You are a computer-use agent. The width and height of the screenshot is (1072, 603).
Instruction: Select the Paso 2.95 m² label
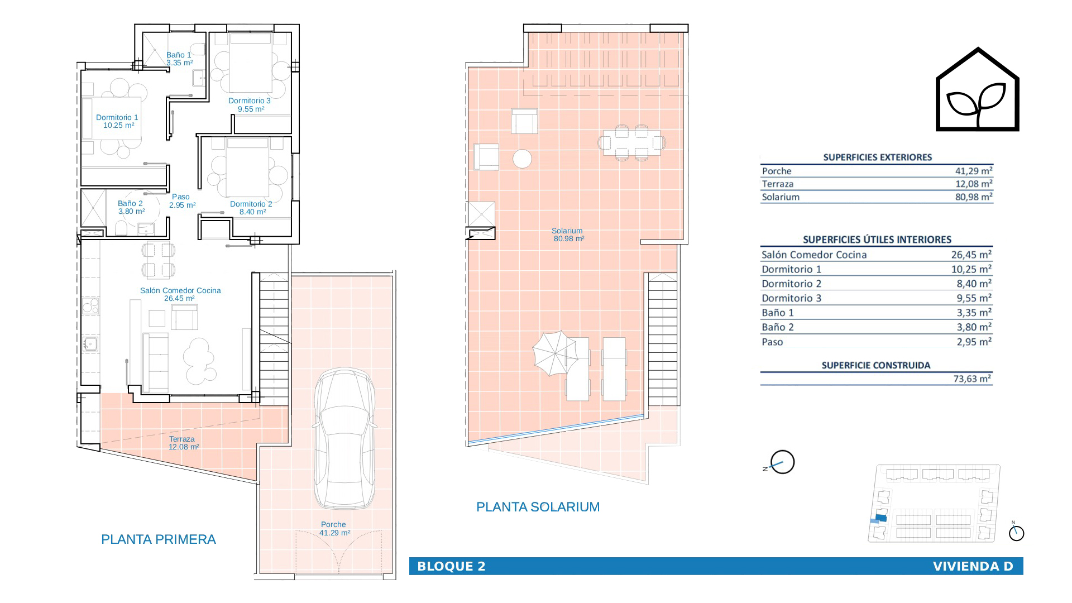click(182, 201)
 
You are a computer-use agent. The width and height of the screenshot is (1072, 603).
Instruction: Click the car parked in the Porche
click(344, 438)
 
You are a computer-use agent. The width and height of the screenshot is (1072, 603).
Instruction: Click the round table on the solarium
click(523, 159)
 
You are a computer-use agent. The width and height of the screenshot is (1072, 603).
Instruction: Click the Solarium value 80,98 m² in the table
click(974, 197)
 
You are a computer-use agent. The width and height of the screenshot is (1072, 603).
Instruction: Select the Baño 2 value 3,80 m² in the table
click(974, 327)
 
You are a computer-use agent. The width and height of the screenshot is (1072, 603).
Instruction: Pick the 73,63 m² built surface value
click(972, 379)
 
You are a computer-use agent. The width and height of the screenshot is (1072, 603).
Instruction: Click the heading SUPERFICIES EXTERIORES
click(878, 157)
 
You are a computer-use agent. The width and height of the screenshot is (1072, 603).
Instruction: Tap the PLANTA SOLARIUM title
click(538, 507)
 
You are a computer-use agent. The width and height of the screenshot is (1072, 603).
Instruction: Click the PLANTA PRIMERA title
click(159, 539)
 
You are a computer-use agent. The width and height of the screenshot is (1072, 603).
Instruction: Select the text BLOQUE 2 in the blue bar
click(451, 566)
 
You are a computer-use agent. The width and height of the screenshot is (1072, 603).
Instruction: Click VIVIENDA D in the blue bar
click(973, 566)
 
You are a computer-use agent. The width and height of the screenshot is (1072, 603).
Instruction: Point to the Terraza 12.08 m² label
click(183, 443)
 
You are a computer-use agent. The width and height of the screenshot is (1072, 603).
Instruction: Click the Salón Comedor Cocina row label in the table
click(814, 255)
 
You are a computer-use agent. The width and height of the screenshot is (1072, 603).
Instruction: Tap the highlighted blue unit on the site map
click(882, 517)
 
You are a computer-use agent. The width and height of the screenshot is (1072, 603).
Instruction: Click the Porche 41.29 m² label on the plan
click(334, 529)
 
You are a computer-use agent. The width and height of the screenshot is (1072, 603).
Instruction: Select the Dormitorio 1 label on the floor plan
click(117, 121)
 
